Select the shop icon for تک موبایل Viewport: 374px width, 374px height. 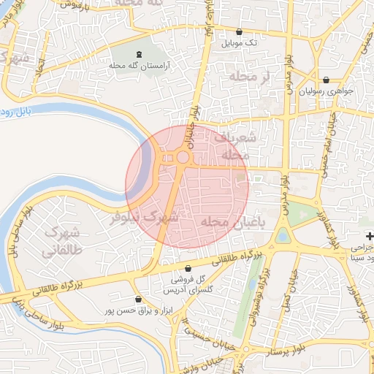pyautogui.click(x=240, y=31)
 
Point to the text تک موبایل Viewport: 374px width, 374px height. pyautogui.click(x=240, y=43)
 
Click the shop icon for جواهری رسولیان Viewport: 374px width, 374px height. pyautogui.click(x=326, y=80)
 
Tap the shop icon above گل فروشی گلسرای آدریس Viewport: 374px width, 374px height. pyautogui.click(x=189, y=268)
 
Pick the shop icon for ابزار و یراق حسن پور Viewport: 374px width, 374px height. pyautogui.click(x=138, y=299)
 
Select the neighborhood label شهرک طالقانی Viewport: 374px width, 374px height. pyautogui.click(x=60, y=242)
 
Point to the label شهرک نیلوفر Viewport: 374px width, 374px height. pyautogui.click(x=144, y=217)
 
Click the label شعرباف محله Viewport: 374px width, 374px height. pyautogui.click(x=235, y=145)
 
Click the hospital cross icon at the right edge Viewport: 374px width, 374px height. pyautogui.click(x=370, y=236)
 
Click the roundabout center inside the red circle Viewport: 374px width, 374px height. pyautogui.click(x=182, y=157)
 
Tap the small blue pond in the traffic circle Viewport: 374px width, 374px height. pyautogui.click(x=283, y=236)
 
